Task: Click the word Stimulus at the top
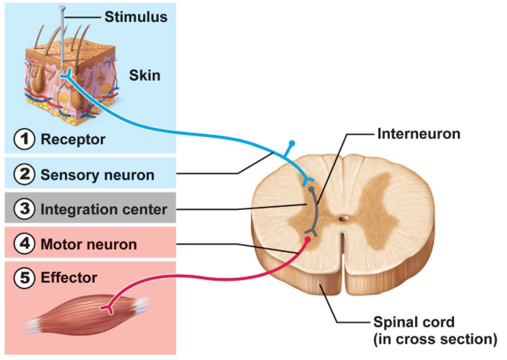[136, 17]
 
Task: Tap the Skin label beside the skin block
[144, 76]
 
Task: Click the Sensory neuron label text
[97, 175]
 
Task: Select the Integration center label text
[104, 209]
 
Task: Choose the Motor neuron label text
[88, 244]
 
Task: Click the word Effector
[69, 278]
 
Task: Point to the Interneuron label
[419, 134]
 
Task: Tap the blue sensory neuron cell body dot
[291, 144]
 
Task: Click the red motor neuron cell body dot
[308, 240]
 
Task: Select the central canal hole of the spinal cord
[344, 219]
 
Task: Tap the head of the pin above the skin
[62, 8]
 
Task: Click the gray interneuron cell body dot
[311, 189]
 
